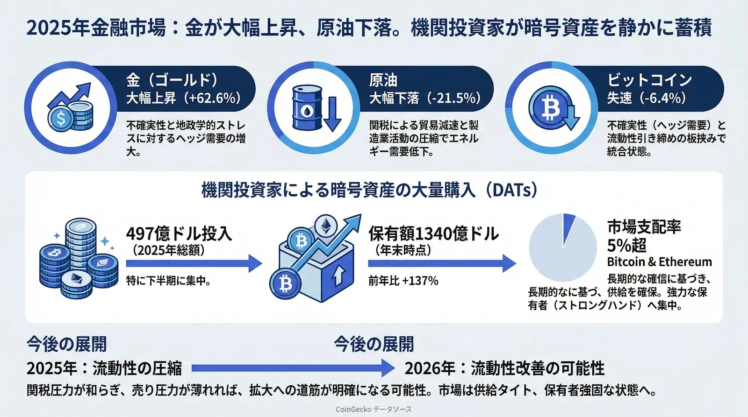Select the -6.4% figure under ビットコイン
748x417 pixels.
coord(662,98)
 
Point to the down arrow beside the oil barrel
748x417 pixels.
coord(332,113)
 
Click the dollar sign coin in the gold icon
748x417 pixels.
coord(61,118)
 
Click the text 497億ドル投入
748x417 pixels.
coord(179,233)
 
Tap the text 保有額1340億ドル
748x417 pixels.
coord(433,233)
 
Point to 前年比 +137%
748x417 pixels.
coord(403,281)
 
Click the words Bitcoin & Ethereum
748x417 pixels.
coord(659,262)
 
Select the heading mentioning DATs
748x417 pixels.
coord(369,190)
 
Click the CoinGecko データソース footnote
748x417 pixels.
coord(374,409)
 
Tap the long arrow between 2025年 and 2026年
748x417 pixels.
coord(293,368)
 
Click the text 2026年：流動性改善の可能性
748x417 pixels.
coord(504,368)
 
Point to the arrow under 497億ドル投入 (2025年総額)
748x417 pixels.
coord(194,263)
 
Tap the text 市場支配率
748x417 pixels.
coord(644,226)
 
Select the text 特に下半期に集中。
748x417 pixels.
coord(168,281)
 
